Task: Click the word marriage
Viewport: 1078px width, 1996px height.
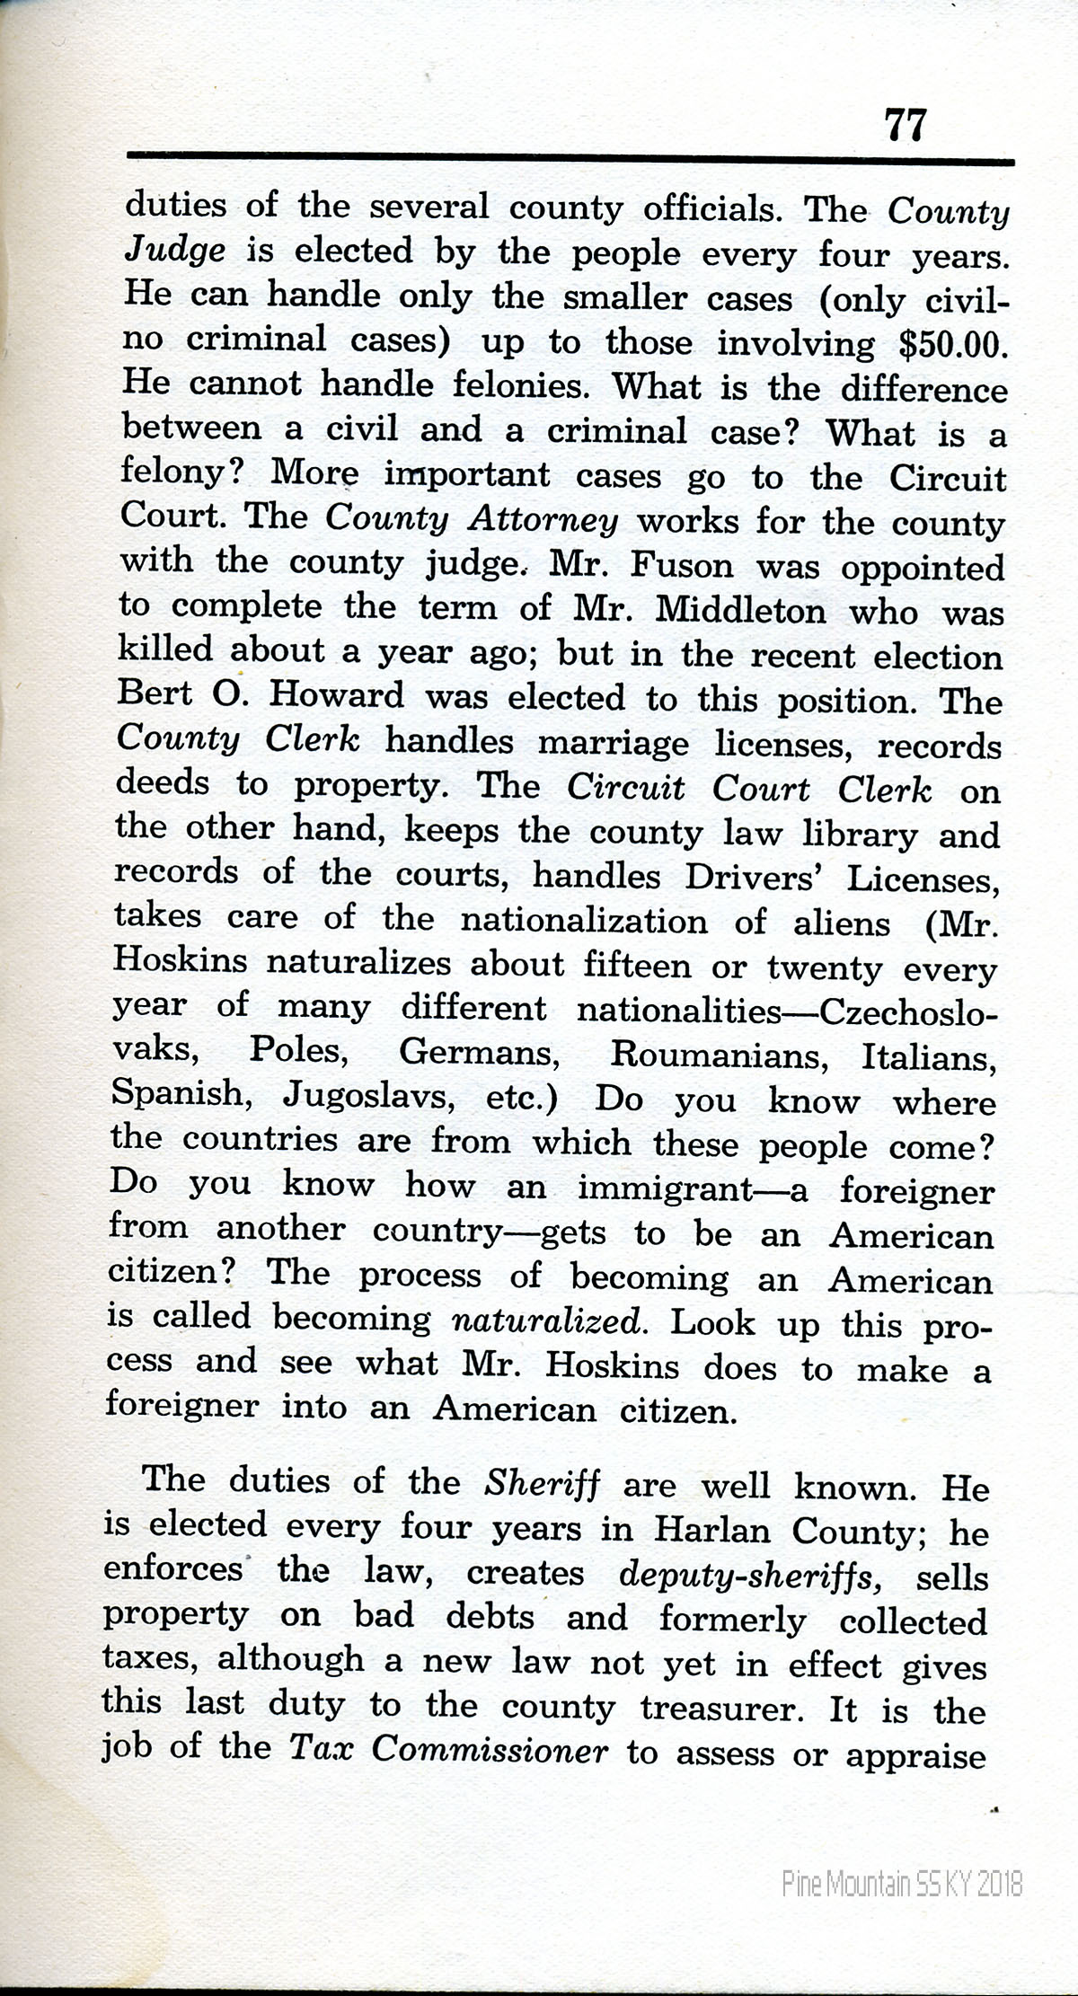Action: [614, 744]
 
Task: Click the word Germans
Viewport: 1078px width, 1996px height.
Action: [480, 1053]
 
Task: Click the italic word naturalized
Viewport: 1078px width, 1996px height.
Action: [547, 1321]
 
